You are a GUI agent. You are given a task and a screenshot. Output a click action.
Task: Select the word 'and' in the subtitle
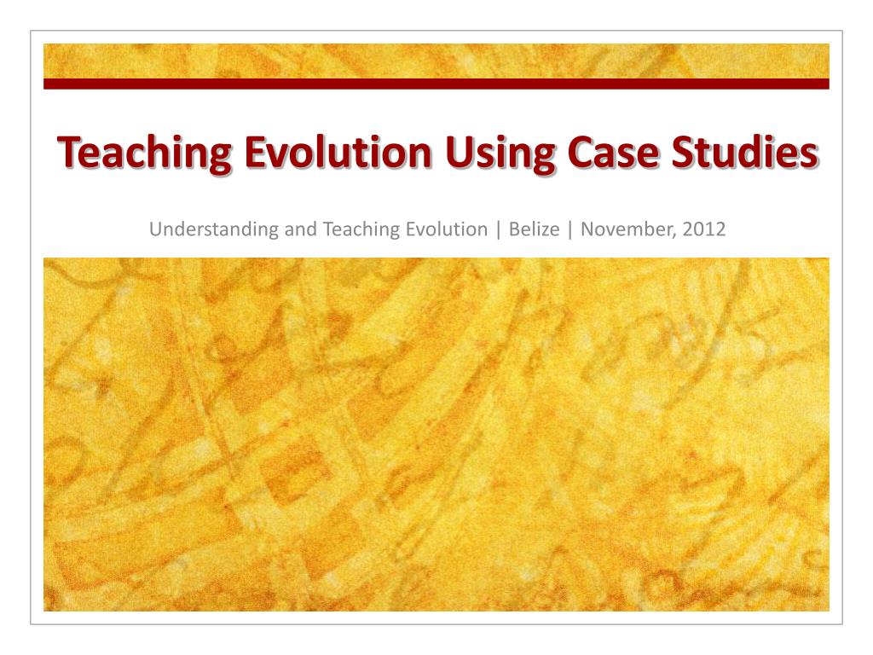(283, 229)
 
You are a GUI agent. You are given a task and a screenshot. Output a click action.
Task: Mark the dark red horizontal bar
(436, 84)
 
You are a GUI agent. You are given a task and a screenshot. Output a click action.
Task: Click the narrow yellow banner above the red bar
(436, 61)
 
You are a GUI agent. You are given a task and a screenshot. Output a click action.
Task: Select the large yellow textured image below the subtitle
(436, 434)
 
